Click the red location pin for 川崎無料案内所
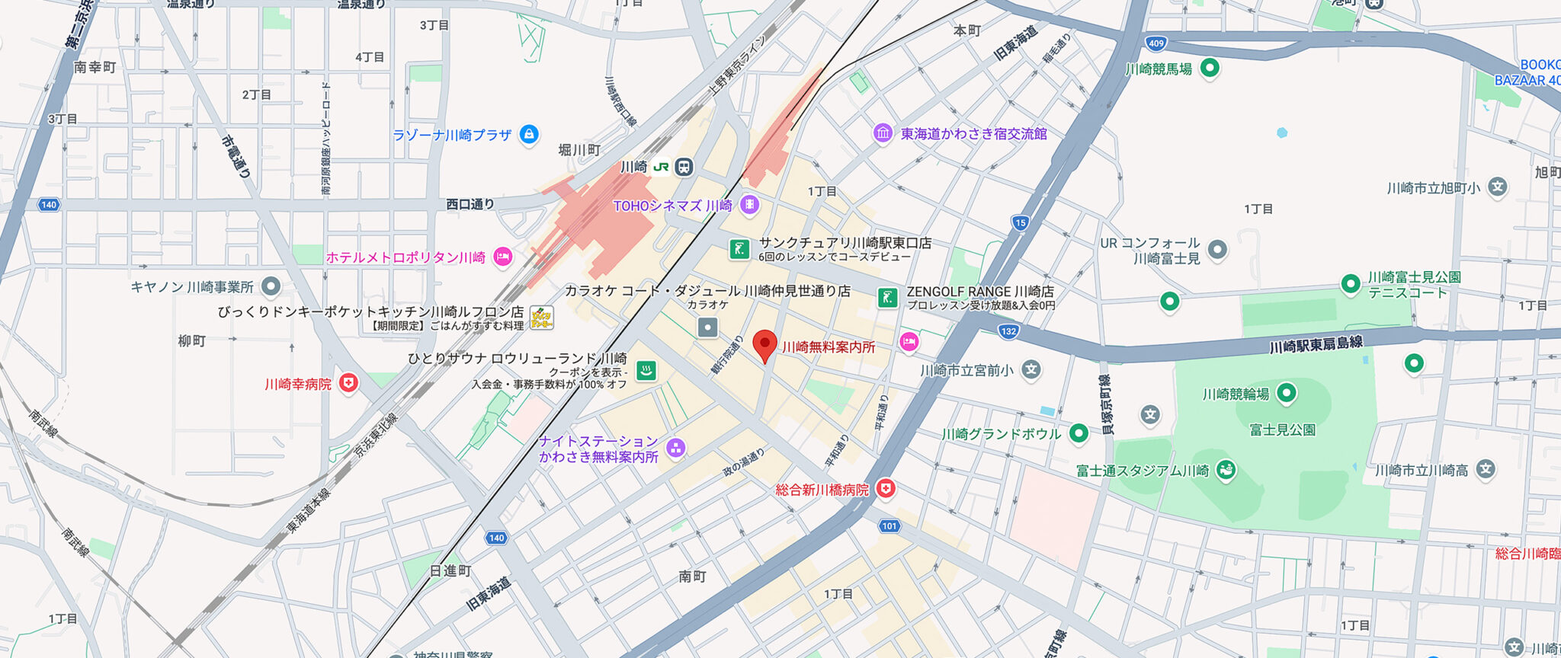pos(764,344)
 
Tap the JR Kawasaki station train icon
pos(684,167)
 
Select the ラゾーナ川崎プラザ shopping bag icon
pos(528,135)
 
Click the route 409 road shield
pos(1156,43)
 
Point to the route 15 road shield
pos(1021,223)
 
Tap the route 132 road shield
pos(1008,331)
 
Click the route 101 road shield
pos(889,526)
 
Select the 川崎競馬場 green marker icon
pos(1210,69)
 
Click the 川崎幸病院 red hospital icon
pos(348,382)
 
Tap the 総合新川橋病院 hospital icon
pos(885,489)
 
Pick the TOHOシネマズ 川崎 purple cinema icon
pos(749,205)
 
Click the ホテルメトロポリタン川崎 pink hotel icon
pos(502,257)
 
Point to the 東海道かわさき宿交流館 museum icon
pos(883,133)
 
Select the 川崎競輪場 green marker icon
pos(1287,393)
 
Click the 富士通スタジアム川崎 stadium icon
pos(1226,470)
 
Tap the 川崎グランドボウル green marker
pos(1079,433)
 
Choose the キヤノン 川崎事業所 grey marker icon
pos(271,286)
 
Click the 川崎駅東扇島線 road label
pos(1316,345)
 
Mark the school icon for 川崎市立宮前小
pos(1031,370)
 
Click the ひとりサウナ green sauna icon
pos(646,371)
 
